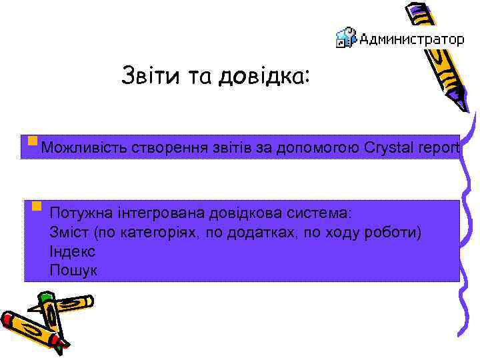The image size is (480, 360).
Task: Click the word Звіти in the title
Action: [x=144, y=76]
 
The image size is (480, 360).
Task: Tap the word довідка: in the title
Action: [x=268, y=76]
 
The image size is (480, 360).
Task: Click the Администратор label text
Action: [x=411, y=39]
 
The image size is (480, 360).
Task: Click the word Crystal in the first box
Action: [x=389, y=147]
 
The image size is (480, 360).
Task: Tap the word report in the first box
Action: [x=439, y=147]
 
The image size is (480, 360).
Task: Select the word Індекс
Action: [x=72, y=252]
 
